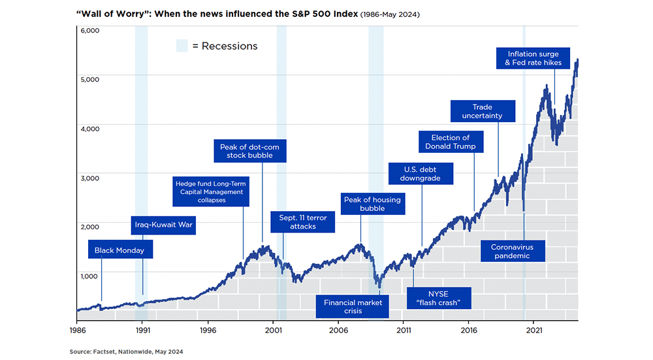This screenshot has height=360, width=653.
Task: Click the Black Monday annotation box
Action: click(x=119, y=251)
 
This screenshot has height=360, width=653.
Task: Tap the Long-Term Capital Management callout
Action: click(x=210, y=191)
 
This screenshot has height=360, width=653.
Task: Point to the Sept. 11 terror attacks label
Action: click(x=302, y=221)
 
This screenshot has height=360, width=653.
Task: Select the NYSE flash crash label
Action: click(x=438, y=297)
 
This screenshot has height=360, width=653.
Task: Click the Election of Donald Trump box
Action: click(x=451, y=142)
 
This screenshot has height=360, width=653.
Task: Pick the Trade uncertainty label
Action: click(x=482, y=111)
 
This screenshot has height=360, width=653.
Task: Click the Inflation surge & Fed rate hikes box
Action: click(x=532, y=58)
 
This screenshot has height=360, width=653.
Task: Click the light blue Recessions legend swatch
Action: click(x=182, y=46)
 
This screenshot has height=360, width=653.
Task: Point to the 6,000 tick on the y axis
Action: click(x=89, y=30)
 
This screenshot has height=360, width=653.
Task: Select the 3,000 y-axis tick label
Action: click(x=89, y=178)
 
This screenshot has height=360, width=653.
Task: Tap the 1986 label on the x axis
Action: click(x=77, y=331)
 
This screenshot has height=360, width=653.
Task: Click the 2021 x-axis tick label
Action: click(x=534, y=331)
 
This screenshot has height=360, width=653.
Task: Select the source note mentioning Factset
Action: click(x=126, y=352)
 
